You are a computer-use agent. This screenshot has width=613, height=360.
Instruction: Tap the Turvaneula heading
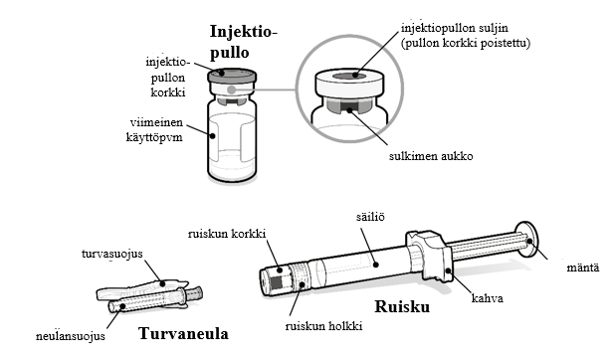click(183, 334)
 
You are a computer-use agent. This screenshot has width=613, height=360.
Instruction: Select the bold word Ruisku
click(402, 307)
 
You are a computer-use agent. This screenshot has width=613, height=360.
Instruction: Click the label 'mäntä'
click(582, 268)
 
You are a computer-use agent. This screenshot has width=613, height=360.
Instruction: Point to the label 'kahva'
click(488, 298)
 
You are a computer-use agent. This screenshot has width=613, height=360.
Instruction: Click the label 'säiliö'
click(370, 217)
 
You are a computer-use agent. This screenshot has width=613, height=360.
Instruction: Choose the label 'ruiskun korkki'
click(227, 234)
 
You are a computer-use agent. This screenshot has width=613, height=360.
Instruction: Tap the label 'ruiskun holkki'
click(323, 326)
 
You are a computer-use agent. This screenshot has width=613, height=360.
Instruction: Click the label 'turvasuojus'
click(112, 254)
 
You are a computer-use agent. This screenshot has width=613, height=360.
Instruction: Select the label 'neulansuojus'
click(71, 336)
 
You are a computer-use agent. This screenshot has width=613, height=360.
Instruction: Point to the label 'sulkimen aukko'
click(431, 156)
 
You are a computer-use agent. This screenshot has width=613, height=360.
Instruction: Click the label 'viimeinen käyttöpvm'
click(154, 129)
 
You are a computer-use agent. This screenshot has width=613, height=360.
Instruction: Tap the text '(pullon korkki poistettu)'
click(466, 43)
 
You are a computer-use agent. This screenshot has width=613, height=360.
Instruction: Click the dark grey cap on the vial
click(232, 76)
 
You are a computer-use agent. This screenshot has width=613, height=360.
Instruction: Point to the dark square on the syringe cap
click(277, 282)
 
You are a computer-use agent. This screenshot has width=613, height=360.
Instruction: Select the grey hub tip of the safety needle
click(195, 292)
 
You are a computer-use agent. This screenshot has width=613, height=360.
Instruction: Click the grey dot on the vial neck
click(232, 90)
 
